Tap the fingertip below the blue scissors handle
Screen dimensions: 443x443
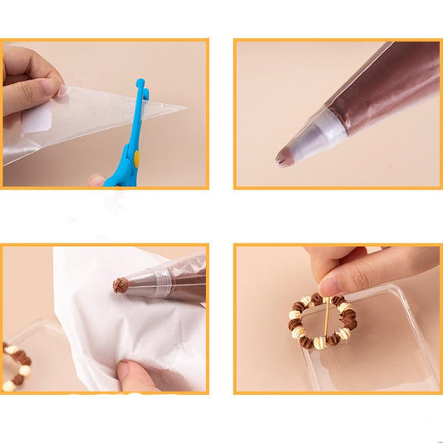(97, 179)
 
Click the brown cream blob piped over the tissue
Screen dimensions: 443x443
(121, 285)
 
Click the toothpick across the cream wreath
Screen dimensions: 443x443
(327, 321)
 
